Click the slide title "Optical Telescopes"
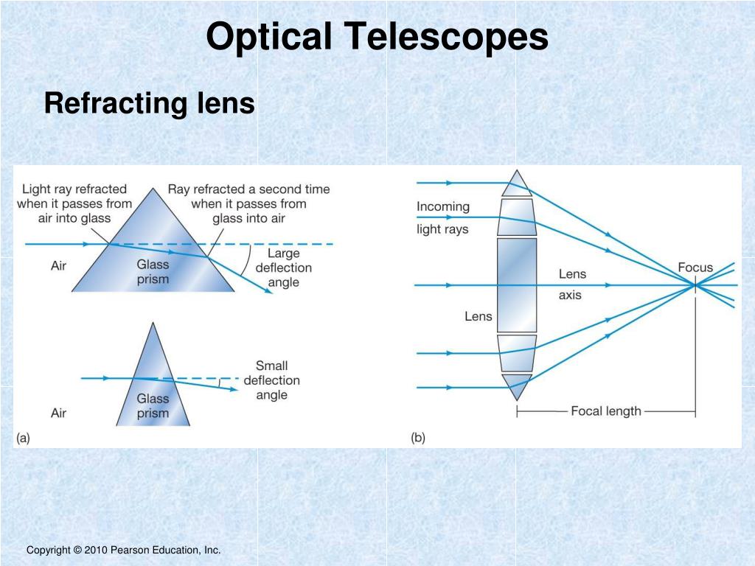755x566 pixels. pyautogui.click(x=377, y=37)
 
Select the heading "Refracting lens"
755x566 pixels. pyautogui.click(x=149, y=103)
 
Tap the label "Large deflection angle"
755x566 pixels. pyautogui.click(x=283, y=268)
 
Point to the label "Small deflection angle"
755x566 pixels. pyautogui.click(x=271, y=380)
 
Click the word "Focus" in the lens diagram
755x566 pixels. pyautogui.click(x=695, y=267)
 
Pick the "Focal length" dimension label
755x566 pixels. pyautogui.click(x=606, y=411)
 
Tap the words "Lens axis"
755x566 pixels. pyautogui.click(x=572, y=284)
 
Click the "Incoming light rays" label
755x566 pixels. pyautogui.click(x=442, y=217)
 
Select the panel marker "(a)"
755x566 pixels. pyautogui.click(x=23, y=438)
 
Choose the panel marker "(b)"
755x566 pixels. pyautogui.click(x=418, y=438)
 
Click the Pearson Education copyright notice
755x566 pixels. pyautogui.click(x=124, y=551)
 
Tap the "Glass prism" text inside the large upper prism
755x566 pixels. pyautogui.click(x=153, y=271)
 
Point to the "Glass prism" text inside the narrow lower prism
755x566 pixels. pyautogui.click(x=153, y=405)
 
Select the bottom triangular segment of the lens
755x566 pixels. pyautogui.click(x=517, y=384)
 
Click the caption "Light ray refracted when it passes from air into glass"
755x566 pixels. pyautogui.click(x=74, y=203)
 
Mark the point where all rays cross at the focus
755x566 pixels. pyautogui.click(x=695, y=284)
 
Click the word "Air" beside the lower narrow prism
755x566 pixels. pyautogui.click(x=59, y=413)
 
